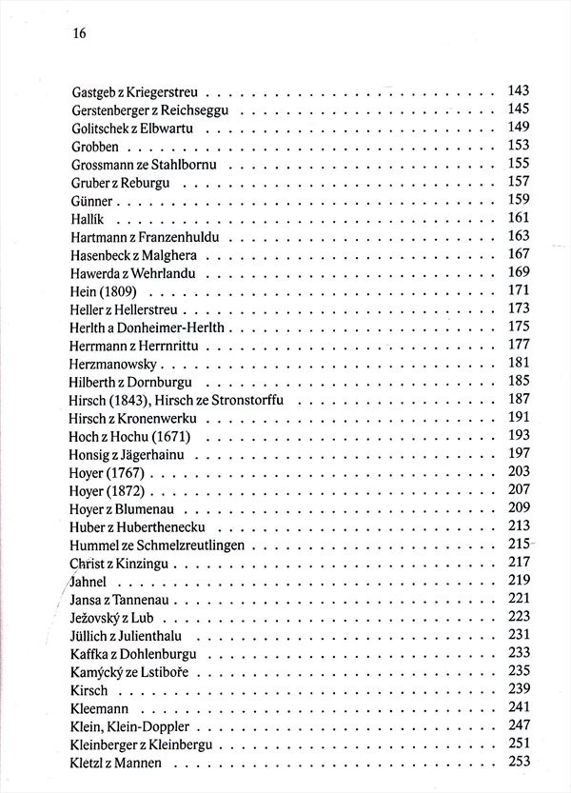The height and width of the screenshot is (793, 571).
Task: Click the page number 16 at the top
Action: pyautogui.click(x=79, y=33)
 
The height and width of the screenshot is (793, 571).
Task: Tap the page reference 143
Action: pyautogui.click(x=518, y=91)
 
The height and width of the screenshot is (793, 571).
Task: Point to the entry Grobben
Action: pyautogui.click(x=93, y=147)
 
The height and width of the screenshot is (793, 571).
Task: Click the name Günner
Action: pyautogui.click(x=92, y=201)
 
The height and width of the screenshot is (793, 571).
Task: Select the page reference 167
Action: pyautogui.click(x=518, y=253)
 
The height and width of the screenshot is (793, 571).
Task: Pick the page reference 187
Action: pyautogui.click(x=518, y=398)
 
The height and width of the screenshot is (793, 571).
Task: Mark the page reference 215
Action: pyautogui.click(x=518, y=543)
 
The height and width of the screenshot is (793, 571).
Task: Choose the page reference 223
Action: pyautogui.click(x=518, y=615)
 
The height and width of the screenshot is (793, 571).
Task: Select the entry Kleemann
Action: pyautogui.click(x=99, y=708)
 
